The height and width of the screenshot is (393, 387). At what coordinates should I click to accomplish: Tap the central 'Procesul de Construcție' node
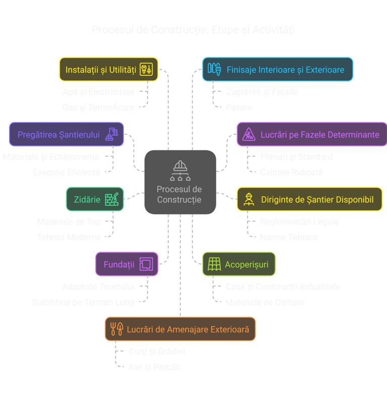click(180, 182)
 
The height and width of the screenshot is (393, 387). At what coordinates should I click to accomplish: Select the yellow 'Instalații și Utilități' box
click(109, 69)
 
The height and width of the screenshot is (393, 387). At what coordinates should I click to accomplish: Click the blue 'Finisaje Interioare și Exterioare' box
click(277, 69)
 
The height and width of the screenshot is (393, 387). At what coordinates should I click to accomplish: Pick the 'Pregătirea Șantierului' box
click(66, 135)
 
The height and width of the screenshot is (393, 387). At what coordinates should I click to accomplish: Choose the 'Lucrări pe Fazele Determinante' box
click(311, 135)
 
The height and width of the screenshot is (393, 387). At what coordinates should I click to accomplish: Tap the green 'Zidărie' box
click(95, 199)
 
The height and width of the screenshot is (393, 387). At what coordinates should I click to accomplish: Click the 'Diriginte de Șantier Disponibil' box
click(309, 200)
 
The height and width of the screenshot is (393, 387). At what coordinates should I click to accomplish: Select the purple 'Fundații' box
click(126, 264)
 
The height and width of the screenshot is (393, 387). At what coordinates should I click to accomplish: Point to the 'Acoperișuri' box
click(238, 264)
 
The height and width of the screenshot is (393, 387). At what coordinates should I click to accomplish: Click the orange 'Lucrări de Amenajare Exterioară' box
click(180, 329)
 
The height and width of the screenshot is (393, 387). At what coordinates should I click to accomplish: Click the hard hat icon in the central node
click(179, 166)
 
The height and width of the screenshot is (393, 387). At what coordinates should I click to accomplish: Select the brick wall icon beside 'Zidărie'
click(112, 199)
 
